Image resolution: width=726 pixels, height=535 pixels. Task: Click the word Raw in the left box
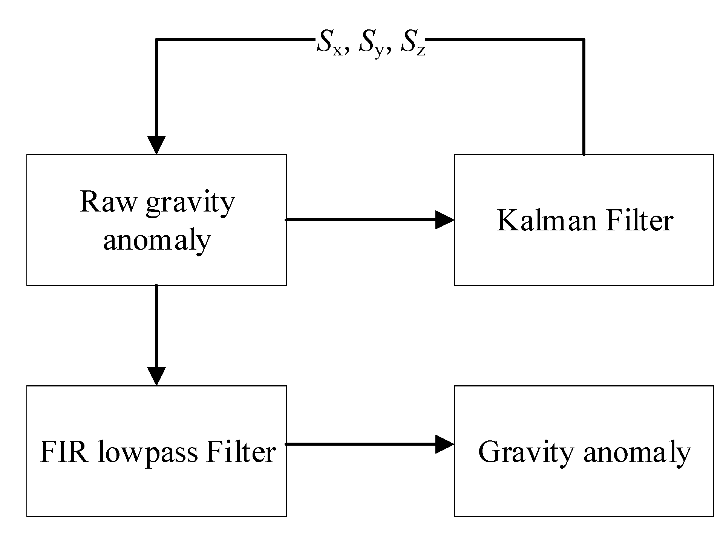(107, 202)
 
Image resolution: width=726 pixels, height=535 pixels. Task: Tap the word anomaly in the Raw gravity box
(156, 241)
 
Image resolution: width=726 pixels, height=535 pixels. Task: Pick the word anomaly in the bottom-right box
(637, 454)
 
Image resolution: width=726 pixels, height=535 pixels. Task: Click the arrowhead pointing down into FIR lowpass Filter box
(156, 376)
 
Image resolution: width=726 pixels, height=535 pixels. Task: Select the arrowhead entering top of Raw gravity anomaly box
(156, 144)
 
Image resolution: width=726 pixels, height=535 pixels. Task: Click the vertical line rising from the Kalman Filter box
(584, 98)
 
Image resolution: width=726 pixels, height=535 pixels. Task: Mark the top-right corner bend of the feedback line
(583, 40)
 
